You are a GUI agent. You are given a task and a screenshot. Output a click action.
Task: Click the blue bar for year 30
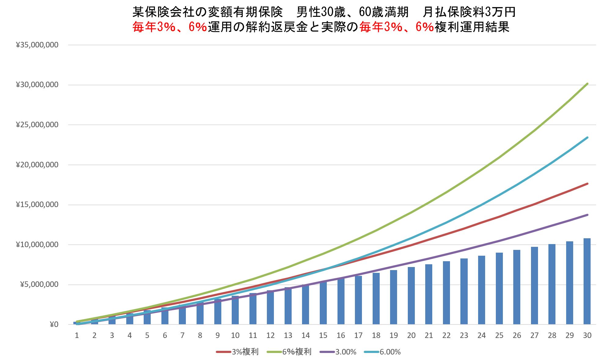coord(587,281)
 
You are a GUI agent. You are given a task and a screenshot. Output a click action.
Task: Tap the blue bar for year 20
coord(411,295)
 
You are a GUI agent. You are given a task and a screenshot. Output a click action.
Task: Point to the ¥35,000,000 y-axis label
coord(37,45)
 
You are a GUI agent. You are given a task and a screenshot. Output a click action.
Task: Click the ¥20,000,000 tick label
coord(37,165)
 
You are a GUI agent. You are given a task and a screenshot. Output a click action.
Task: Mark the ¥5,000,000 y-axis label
coord(39,285)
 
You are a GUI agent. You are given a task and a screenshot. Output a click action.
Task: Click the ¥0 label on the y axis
coord(54,325)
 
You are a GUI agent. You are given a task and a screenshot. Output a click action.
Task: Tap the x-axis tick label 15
coord(323,336)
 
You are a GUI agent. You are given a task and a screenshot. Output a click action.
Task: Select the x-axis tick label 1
coord(77,336)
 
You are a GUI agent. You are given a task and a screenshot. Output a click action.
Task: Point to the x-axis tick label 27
coord(534,336)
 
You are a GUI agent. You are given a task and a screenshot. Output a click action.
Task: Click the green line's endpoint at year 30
coord(587,84)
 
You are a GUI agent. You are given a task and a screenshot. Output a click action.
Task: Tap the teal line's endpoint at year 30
coord(587,138)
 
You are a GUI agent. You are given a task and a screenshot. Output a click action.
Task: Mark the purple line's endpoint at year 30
coord(587,215)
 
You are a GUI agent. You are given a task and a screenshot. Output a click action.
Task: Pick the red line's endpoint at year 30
coord(587,184)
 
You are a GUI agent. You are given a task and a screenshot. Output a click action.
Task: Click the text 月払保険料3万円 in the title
coord(469,12)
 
